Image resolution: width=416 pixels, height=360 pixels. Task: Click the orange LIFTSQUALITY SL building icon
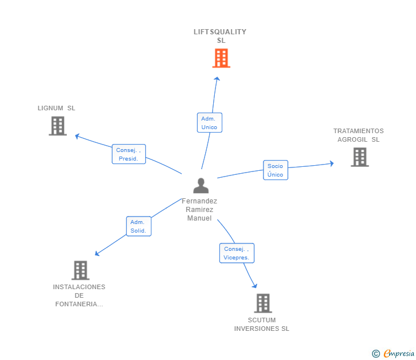click(x=221, y=58)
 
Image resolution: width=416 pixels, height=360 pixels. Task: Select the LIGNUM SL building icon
click(x=58, y=126)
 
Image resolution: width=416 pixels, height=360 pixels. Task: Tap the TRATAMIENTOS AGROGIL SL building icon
click(x=360, y=157)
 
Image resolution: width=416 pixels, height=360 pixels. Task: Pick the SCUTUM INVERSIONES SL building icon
click(x=263, y=303)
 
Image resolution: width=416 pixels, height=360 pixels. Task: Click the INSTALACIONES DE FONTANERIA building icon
click(x=81, y=270)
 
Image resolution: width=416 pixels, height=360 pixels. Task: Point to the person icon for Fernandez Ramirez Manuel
click(x=201, y=186)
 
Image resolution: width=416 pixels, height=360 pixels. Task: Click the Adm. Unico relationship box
click(x=210, y=122)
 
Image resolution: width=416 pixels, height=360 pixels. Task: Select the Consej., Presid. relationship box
click(x=129, y=154)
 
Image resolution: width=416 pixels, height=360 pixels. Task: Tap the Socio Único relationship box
click(x=275, y=170)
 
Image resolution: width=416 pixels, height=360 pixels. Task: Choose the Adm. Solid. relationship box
click(x=139, y=226)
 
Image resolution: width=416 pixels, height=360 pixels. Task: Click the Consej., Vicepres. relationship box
click(x=237, y=253)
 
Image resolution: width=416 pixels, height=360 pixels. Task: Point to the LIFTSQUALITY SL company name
click(x=220, y=36)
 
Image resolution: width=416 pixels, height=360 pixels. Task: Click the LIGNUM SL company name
click(x=56, y=108)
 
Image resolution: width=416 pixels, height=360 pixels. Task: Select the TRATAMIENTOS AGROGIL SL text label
click(x=358, y=135)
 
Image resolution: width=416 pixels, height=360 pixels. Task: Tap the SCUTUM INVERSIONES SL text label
click(x=262, y=325)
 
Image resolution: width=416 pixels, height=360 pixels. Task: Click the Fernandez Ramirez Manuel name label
click(x=199, y=210)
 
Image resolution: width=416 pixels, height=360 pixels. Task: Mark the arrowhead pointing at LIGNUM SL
click(x=77, y=137)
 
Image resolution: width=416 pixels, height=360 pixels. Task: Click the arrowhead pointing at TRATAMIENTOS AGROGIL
click(x=331, y=163)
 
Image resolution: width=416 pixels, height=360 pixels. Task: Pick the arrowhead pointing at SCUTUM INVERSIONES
click(x=255, y=286)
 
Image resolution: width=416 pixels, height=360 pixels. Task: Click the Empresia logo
click(x=393, y=353)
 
